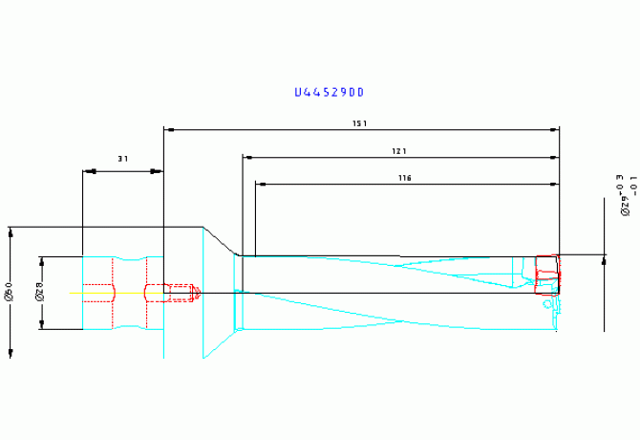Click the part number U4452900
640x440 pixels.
[330, 93]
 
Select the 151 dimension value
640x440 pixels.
[360, 123]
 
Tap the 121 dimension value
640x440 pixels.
[399, 151]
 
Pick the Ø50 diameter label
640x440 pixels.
[9, 292]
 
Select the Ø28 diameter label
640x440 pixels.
[40, 292]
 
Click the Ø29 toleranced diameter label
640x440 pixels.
[627, 196]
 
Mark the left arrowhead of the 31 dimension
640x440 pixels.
[88, 171]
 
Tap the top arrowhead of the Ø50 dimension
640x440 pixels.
[11, 231]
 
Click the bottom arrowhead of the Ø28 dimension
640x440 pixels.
[41, 325]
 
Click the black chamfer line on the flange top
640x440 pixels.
[220, 241]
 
